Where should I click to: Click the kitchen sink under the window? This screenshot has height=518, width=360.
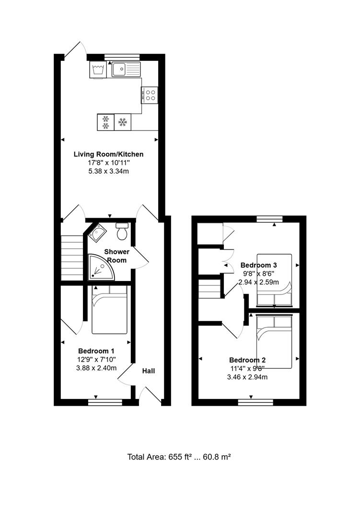pos(126,70)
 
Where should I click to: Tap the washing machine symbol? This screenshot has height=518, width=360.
pos(98,70)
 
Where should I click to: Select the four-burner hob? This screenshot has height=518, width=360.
pos(150,94)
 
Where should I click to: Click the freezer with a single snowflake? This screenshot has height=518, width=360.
pos(122,122)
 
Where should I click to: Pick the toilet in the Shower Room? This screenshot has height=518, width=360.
pos(122,232)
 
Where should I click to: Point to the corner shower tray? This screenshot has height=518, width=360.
pos(100,268)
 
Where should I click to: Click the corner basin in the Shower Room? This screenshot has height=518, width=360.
pos(98,234)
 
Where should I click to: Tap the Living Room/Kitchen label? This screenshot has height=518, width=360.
pos(108,154)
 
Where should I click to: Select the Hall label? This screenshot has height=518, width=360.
pos(148,371)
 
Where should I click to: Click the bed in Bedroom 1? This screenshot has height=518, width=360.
pos(109,309)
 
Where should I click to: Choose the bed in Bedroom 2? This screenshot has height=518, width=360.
pos(274,341)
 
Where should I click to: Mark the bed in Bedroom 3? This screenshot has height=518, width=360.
pos(274,280)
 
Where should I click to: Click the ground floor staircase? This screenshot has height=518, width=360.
pos(72,257)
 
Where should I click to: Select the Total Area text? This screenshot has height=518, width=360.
pos(179,457)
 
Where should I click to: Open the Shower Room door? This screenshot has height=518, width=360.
pos(140,258)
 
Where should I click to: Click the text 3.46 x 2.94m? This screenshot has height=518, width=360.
pos(247,377)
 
